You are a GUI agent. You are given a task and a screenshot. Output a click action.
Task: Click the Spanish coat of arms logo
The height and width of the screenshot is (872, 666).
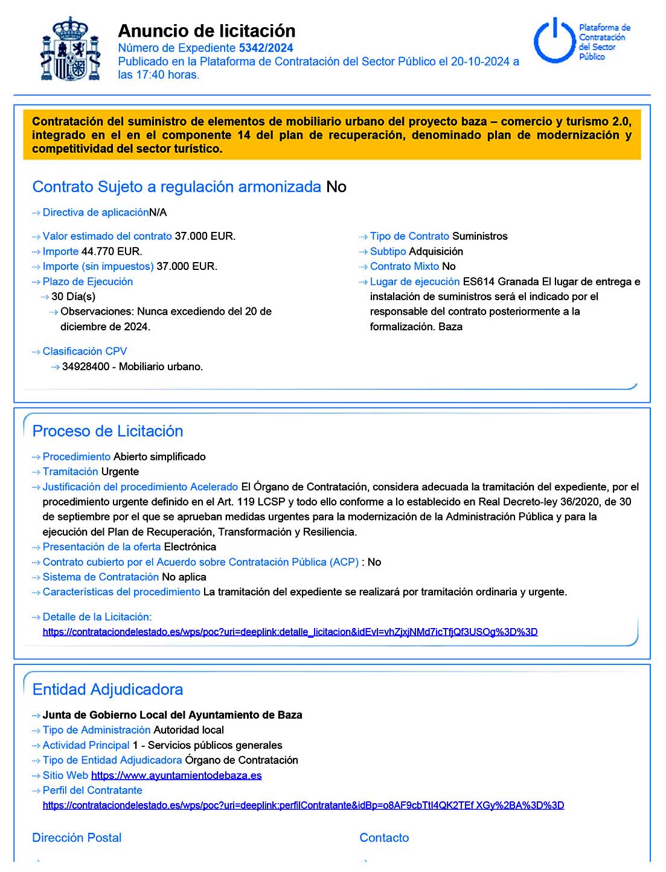[70, 50]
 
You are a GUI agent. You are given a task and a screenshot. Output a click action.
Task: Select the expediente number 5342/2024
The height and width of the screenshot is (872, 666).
[266, 48]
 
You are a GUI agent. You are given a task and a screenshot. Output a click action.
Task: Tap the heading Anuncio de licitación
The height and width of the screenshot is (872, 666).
[207, 31]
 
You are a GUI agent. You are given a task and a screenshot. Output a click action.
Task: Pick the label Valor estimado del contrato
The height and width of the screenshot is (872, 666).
[107, 236]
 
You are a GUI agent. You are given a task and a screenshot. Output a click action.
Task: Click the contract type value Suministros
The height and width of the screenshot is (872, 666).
[479, 236]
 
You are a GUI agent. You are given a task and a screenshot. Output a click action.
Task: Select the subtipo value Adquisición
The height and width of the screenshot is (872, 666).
[435, 251]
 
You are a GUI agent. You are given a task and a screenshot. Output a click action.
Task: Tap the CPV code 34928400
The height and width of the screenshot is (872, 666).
[86, 367]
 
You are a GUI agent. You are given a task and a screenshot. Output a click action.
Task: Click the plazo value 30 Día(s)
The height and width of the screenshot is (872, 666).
[73, 297]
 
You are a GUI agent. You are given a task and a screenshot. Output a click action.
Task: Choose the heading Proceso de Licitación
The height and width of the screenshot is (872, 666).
[107, 431]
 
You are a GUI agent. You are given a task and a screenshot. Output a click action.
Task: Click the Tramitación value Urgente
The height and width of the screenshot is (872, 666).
[120, 472]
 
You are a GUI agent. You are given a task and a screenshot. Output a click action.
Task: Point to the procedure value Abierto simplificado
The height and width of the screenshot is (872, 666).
[159, 457]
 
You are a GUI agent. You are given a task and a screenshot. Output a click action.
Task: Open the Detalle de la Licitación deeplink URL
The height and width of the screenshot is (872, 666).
[290, 632]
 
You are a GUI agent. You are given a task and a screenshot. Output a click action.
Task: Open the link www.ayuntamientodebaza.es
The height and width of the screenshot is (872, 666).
[176, 775]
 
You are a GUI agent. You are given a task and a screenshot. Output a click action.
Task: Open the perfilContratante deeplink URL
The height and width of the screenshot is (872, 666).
[303, 805]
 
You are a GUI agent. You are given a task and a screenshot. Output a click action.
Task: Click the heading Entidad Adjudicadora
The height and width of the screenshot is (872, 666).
[107, 690]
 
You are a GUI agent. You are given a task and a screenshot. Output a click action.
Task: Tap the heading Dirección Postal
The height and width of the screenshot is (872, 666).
[77, 838]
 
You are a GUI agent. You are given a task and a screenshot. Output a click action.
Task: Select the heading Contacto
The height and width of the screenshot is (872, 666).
[384, 838]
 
